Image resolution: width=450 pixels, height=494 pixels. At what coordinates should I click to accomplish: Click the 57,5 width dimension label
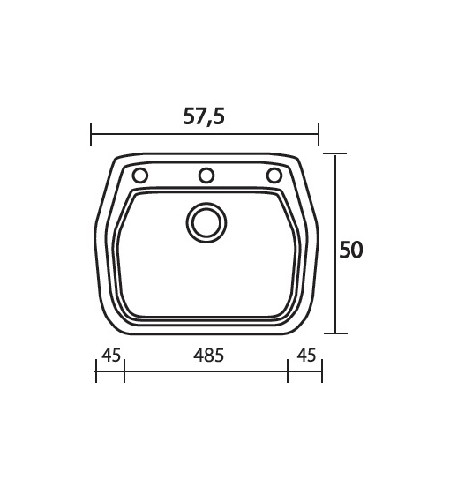click(204, 116)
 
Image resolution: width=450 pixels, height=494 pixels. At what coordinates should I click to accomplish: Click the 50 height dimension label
click(351, 251)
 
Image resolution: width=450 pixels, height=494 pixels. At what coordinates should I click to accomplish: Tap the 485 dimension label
click(208, 356)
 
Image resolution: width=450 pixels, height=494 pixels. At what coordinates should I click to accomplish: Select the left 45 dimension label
click(111, 356)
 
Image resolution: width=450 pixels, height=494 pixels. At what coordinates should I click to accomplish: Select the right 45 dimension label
click(306, 356)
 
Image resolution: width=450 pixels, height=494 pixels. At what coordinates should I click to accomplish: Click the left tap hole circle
click(140, 176)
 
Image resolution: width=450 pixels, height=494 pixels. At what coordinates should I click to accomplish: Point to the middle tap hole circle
click(206, 176)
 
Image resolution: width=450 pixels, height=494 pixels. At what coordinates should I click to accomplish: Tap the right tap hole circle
click(274, 176)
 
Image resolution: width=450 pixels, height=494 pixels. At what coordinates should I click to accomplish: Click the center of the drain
click(206, 222)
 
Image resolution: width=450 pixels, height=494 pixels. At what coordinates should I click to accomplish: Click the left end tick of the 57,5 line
click(91, 134)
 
